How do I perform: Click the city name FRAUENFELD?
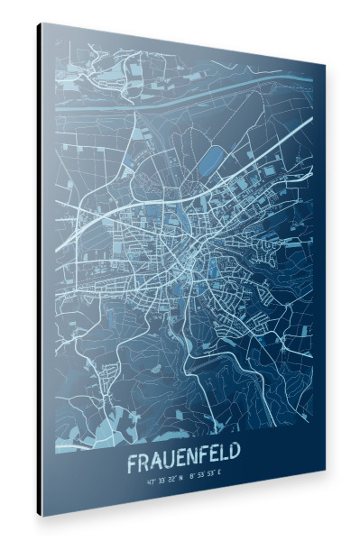click(189, 463)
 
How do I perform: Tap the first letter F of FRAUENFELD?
click(132, 465)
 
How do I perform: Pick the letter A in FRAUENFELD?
click(156, 464)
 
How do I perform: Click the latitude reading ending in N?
click(164, 483)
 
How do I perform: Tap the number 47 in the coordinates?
click(149, 484)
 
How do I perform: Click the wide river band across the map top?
click(180, 91)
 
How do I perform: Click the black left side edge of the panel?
click(41, 270)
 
